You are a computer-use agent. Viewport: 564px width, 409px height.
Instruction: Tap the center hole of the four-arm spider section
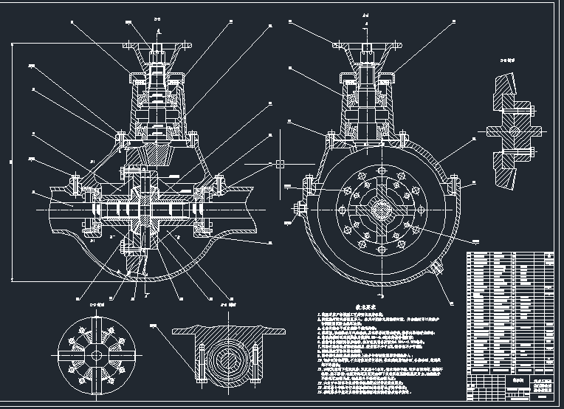tap(96, 354)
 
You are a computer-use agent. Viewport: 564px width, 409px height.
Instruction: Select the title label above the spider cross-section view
tap(97, 303)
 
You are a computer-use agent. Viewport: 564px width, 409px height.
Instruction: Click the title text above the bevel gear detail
tap(509, 55)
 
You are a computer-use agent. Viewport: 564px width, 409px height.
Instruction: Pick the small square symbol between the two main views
tap(280, 164)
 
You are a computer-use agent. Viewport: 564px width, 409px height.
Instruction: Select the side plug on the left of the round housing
tap(299, 209)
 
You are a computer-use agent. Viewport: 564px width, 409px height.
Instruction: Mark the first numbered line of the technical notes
tap(369, 315)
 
